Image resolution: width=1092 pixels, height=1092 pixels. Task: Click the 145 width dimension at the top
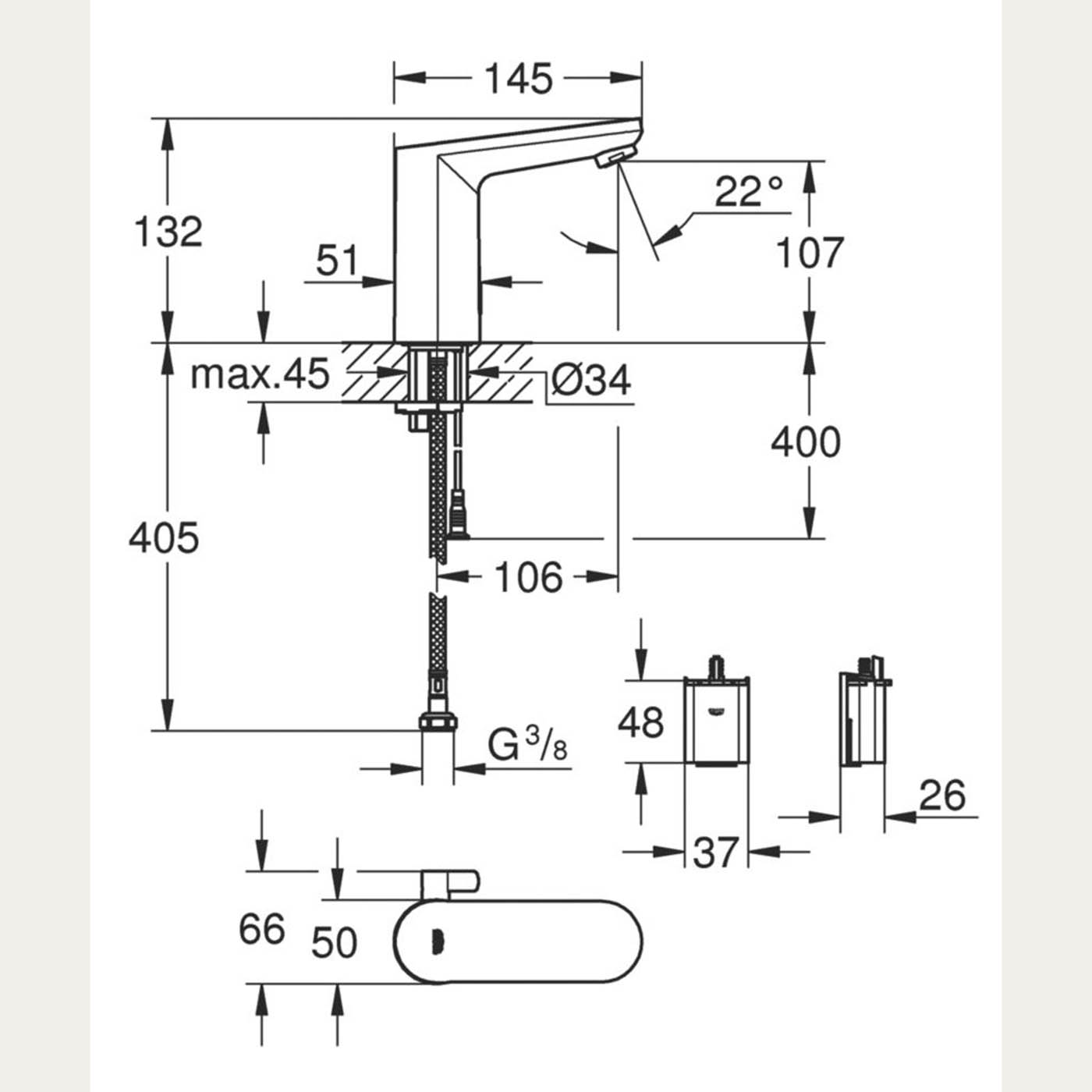519,79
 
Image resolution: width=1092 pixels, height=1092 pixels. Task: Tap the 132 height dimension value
168,231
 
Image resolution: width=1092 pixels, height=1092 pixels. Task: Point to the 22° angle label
748,192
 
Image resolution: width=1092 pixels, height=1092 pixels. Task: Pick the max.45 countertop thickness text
260,374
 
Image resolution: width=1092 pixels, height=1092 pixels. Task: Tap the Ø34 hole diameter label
590,379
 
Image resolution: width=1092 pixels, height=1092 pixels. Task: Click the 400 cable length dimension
806,442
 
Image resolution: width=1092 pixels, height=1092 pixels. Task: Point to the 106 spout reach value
529,577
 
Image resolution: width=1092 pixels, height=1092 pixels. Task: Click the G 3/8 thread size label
527,744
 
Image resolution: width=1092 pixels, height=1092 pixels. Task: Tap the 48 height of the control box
640,722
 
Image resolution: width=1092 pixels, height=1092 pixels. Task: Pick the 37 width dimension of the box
716,852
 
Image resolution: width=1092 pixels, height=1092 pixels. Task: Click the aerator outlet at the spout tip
615,156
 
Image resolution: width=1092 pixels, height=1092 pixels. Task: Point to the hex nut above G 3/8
438,722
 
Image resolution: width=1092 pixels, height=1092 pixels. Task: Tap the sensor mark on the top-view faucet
437,942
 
